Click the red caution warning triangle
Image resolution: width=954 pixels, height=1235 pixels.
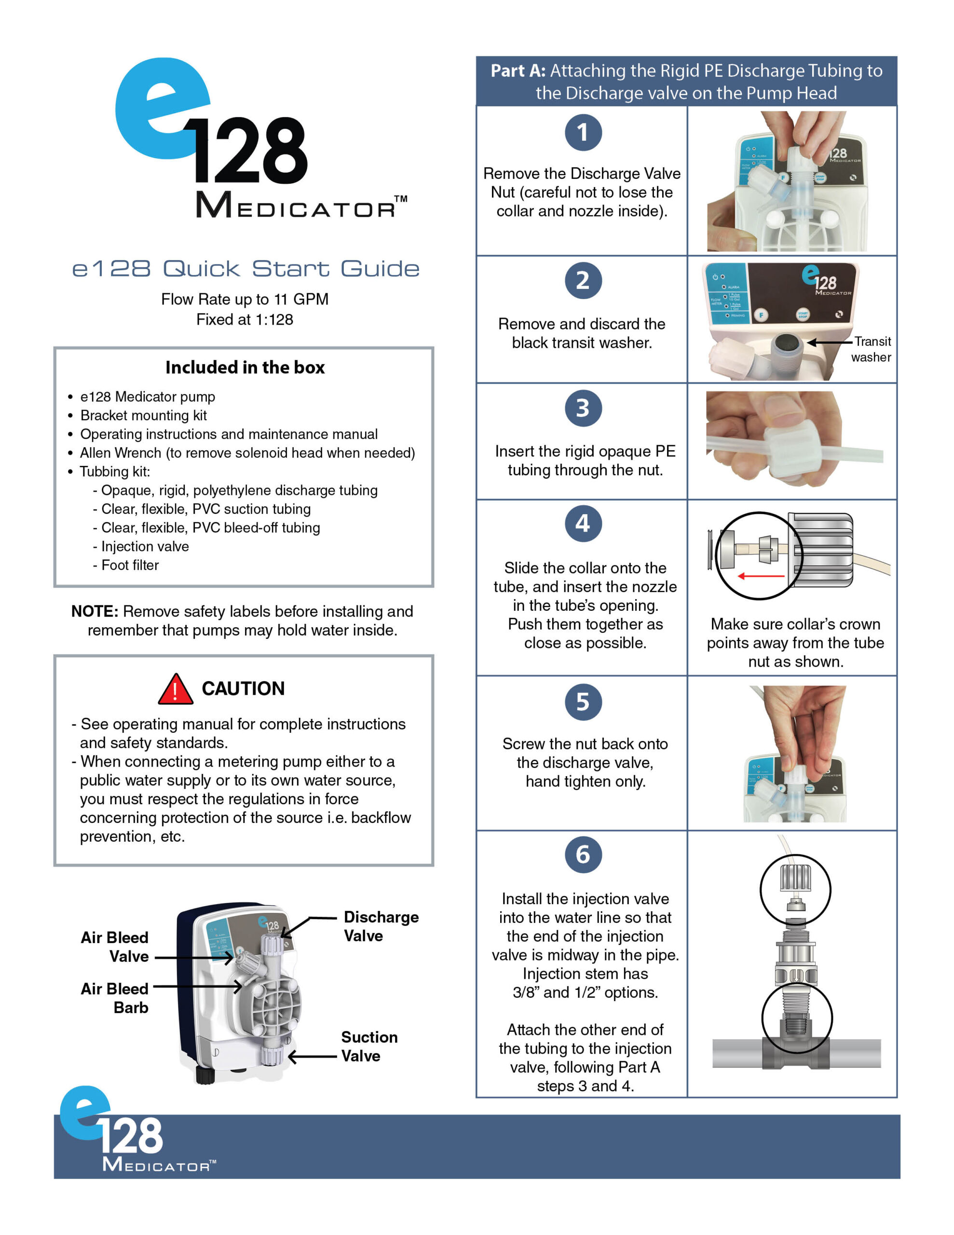point(175,689)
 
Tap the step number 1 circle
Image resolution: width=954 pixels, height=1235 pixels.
point(583,133)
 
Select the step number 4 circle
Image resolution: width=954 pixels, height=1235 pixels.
point(583,523)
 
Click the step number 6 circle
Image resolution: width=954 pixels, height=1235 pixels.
point(583,854)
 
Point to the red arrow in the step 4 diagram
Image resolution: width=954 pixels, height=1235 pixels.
point(761,576)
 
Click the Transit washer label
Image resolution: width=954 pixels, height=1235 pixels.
point(872,349)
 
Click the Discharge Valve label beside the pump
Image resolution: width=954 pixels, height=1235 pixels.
point(381,926)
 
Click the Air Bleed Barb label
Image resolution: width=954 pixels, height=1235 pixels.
point(115,998)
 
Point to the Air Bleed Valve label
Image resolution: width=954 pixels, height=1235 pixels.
point(115,947)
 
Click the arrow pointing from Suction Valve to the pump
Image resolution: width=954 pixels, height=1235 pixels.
point(312,1057)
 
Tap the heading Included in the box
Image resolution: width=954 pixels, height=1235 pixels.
point(245,368)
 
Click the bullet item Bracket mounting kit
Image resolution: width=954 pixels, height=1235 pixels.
point(143,416)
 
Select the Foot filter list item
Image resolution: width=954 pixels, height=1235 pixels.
point(130,565)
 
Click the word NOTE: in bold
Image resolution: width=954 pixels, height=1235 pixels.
point(95,611)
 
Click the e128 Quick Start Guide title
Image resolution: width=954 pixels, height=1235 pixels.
point(246,269)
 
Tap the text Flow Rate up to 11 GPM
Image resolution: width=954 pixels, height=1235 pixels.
point(245,299)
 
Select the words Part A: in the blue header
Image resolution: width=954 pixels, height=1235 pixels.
point(518,71)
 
